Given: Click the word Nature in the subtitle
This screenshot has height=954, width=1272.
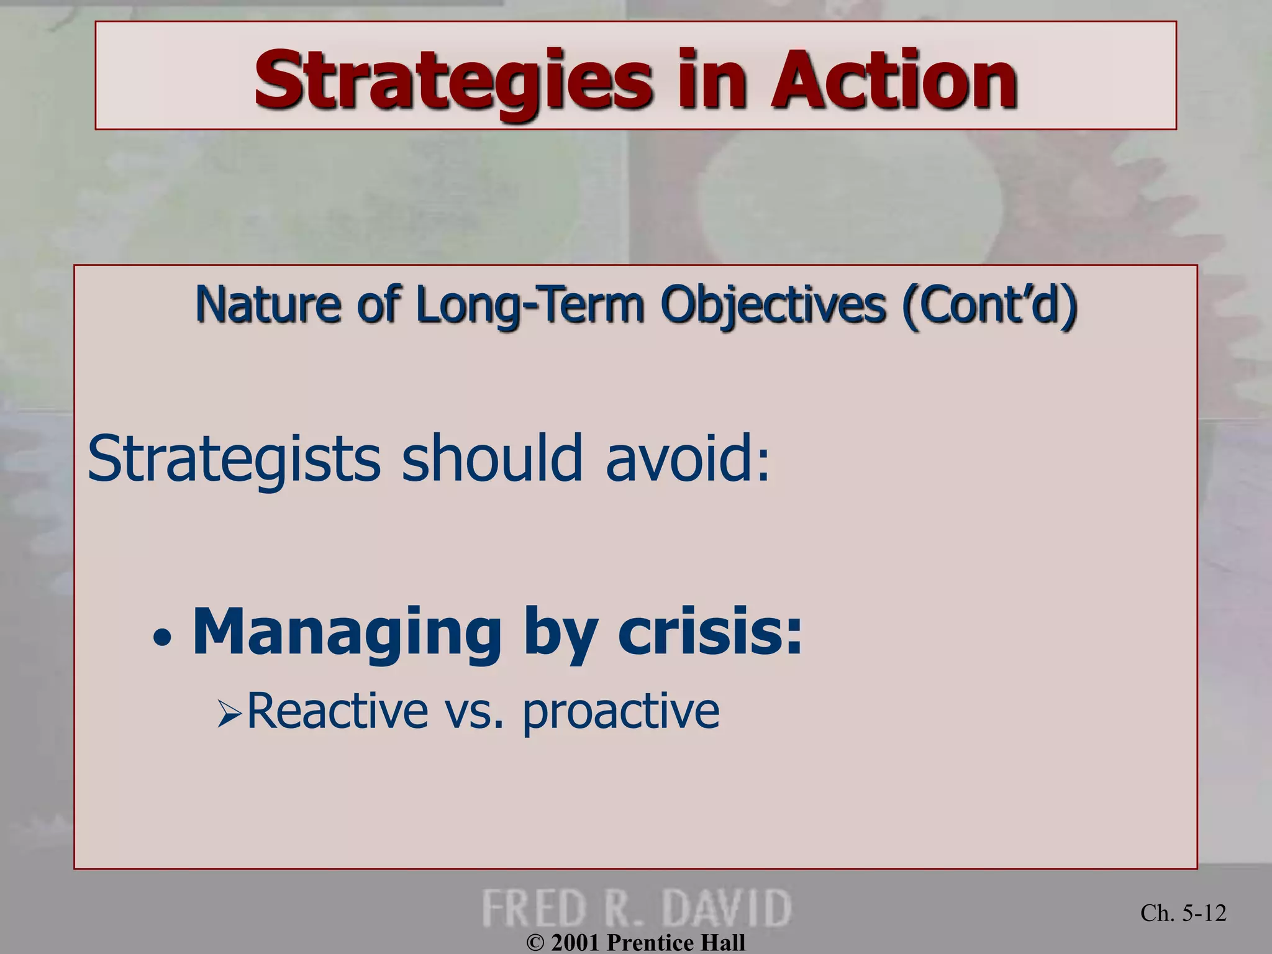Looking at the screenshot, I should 268,304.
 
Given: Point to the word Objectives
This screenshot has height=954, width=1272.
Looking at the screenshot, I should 773,304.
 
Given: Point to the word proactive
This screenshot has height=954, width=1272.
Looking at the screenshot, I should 620,712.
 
